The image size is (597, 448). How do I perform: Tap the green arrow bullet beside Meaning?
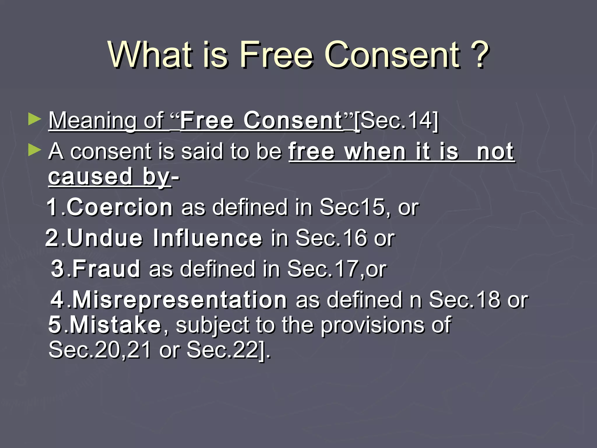35,120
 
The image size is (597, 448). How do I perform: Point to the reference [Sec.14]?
396,120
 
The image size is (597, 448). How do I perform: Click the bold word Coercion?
120,207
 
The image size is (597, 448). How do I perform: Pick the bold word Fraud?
106,269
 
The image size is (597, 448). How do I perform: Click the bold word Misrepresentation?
179,300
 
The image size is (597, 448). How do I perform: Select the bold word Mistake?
115,325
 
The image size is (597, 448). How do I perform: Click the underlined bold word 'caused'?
90,176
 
